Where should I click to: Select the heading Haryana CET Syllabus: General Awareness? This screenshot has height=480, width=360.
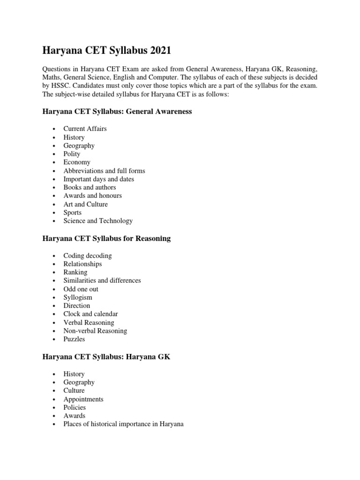click(117, 112)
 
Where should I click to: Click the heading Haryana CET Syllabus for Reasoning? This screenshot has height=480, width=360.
click(106, 239)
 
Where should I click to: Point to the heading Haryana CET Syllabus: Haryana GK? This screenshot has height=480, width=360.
click(106, 357)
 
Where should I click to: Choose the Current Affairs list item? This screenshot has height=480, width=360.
click(85, 128)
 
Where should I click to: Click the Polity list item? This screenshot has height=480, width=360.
click(72, 154)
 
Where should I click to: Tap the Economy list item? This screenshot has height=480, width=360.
click(77, 162)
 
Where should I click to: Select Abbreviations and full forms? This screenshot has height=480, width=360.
click(104, 171)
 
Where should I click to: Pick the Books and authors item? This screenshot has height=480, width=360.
click(90, 187)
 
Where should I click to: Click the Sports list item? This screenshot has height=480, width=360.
click(73, 212)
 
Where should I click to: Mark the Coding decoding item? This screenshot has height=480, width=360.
click(88, 255)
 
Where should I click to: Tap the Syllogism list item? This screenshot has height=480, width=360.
click(78, 297)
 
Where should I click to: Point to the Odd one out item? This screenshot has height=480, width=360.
click(81, 289)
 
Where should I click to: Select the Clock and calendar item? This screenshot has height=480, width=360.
click(90, 314)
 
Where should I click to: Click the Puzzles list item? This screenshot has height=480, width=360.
click(75, 339)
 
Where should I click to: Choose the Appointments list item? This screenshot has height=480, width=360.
click(83, 399)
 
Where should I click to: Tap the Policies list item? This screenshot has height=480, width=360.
click(75, 407)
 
